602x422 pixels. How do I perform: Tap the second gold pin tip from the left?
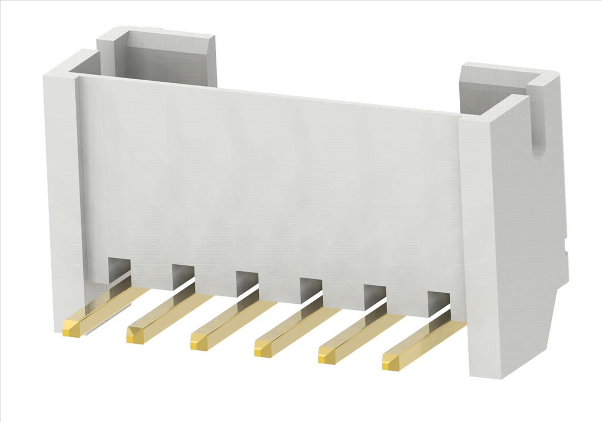[x=135, y=335]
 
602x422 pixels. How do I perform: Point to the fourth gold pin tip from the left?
[x=263, y=349]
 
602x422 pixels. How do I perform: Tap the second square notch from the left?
[x=182, y=275]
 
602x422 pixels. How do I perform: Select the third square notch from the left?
[x=246, y=282]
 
